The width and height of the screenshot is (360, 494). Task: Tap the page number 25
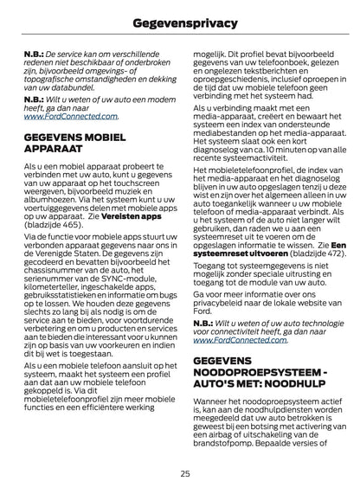(x=184, y=473)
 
